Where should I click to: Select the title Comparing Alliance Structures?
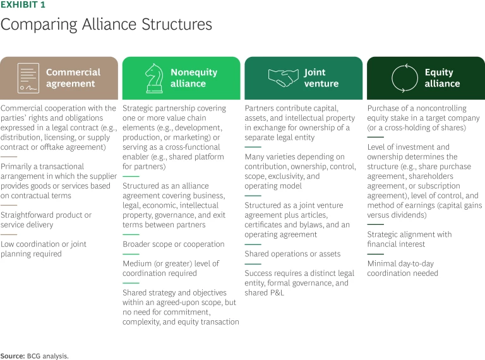(x=106, y=25)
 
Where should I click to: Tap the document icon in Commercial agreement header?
(x=27, y=78)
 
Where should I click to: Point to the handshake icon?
(x=284, y=78)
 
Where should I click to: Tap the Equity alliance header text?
(x=442, y=78)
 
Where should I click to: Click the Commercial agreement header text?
(x=73, y=78)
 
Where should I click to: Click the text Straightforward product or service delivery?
(x=46, y=220)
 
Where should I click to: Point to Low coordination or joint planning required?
(x=44, y=249)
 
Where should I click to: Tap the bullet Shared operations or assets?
(x=292, y=254)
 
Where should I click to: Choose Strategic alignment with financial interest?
(x=409, y=239)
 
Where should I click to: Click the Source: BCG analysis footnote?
(x=34, y=356)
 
